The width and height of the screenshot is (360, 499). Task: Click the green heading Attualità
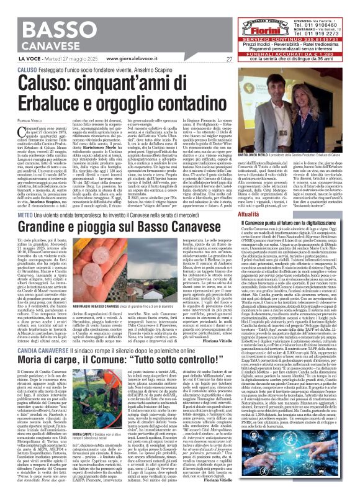(267, 213)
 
